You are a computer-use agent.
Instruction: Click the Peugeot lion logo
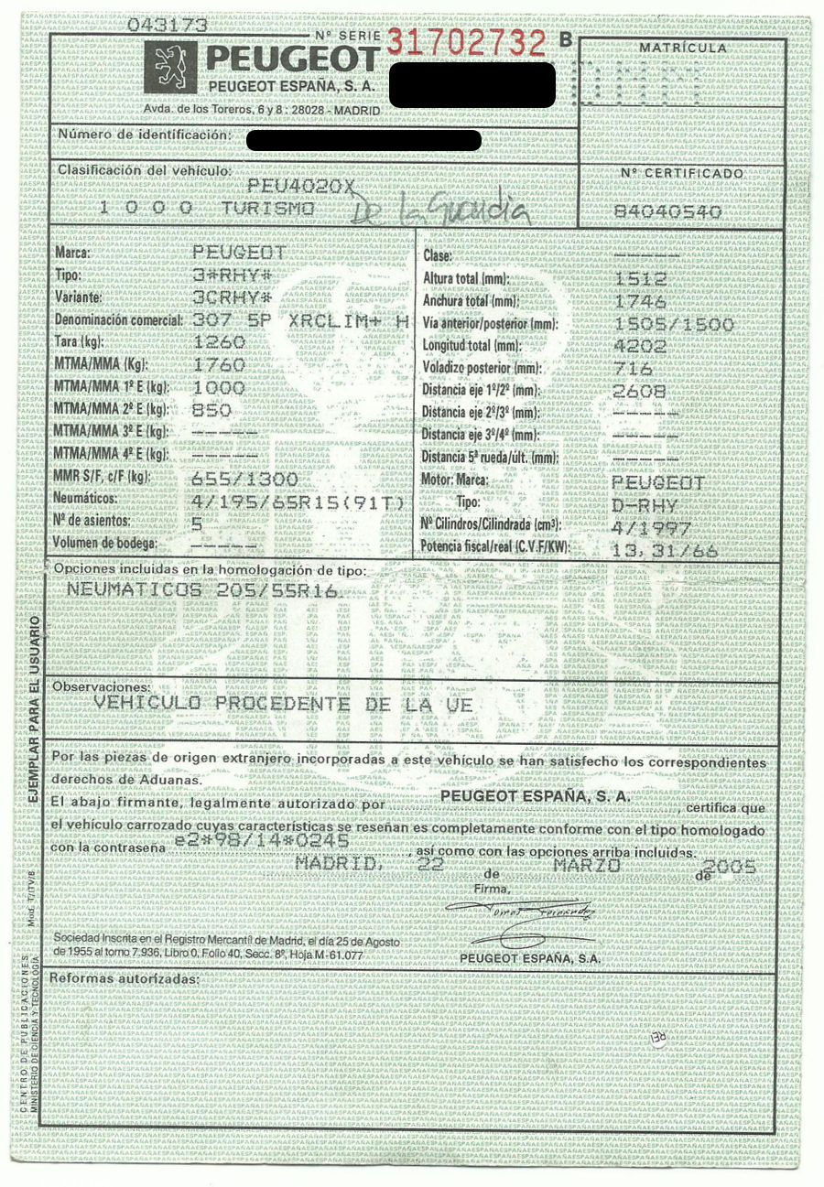[171, 70]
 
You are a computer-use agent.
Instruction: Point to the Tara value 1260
[220, 341]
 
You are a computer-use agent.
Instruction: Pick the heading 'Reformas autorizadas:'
[124, 979]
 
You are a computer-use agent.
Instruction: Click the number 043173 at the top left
[167, 26]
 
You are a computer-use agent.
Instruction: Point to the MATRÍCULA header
[683, 47]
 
